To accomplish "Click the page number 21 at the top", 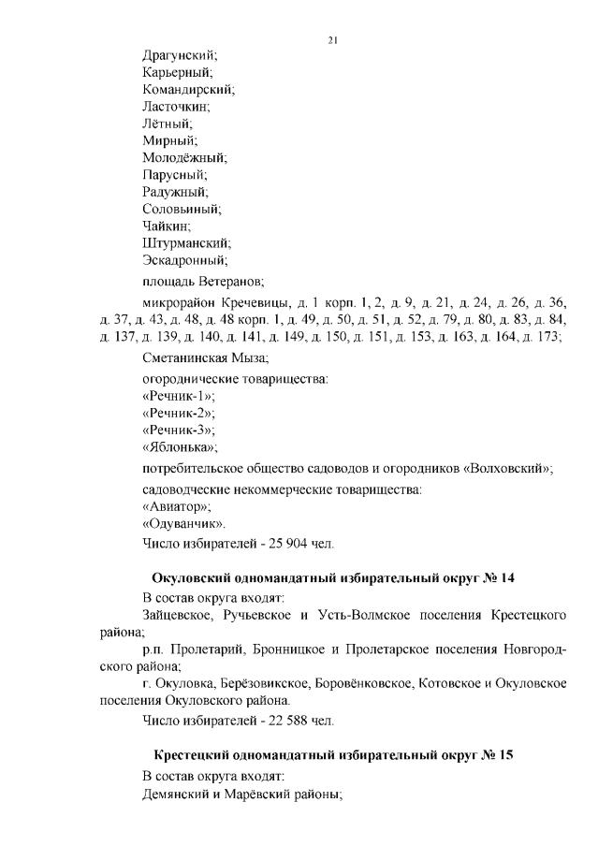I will click(333, 39).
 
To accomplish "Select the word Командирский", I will click(187, 90).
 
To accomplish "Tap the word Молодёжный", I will click(183, 157).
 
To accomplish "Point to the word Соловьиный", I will click(181, 208).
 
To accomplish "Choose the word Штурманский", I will click(185, 241).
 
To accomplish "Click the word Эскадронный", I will click(184, 259).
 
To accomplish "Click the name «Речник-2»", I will click(177, 413).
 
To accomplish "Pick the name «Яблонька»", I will click(179, 446).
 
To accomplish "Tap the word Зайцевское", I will click(182, 615).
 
